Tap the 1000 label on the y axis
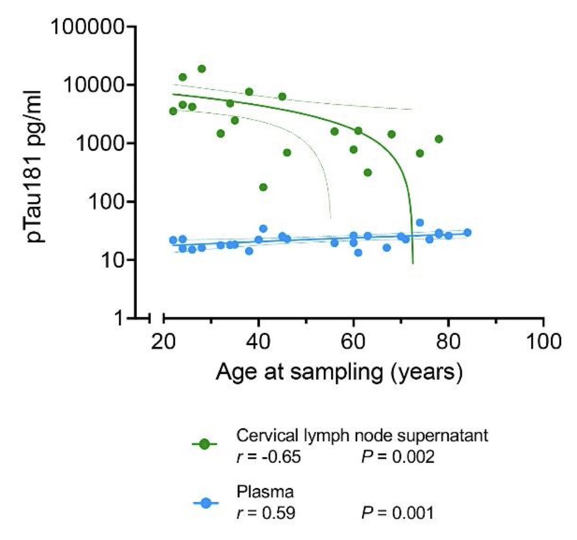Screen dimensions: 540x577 click(100, 144)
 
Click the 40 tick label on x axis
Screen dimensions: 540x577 click(259, 341)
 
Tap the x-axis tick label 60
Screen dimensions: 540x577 click(353, 341)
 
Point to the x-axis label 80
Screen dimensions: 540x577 click(448, 341)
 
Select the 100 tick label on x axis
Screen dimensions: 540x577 click(542, 341)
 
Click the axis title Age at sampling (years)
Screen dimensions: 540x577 click(339, 372)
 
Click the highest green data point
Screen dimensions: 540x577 click(201, 69)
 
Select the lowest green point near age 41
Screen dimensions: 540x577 click(263, 187)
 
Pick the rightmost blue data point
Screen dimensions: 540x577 click(467, 233)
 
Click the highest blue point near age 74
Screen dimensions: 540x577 click(420, 223)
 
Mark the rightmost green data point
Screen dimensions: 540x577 click(439, 139)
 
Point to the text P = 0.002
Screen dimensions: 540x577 click(398, 456)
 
